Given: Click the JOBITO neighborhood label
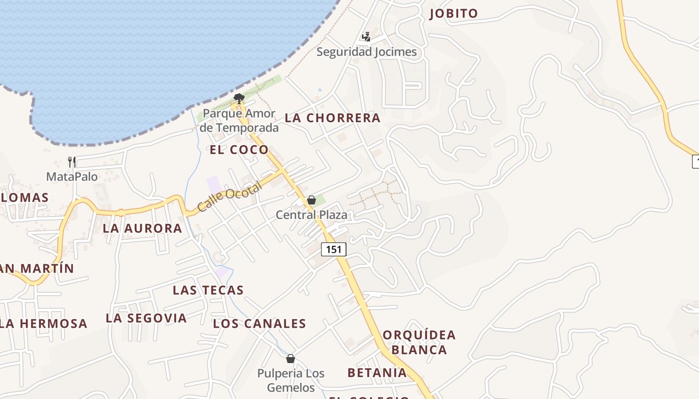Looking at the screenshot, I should point(454,13).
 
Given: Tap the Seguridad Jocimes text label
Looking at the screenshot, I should point(366,51).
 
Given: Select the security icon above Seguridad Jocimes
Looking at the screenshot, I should point(366,36).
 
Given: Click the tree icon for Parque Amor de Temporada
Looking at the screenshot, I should point(239,98).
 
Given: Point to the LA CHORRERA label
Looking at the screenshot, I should point(333,118).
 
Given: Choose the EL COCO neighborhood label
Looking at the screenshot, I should point(239,150).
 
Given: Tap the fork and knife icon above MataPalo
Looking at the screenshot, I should point(72,162).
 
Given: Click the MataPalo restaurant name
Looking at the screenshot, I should point(72,177).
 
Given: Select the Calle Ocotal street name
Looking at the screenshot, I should point(229,197).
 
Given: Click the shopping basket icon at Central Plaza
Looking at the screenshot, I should point(312,200).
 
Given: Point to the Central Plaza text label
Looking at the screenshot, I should point(312,215).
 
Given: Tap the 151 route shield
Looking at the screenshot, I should point(334,249).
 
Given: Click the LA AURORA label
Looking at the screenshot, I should point(142,228).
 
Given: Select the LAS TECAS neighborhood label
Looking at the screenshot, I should point(208,290).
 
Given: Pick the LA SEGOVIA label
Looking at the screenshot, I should point(146,318).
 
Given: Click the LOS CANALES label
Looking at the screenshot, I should point(260,324).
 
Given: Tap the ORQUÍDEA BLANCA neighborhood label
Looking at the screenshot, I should point(419,342).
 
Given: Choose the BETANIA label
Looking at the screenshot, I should point(377,373).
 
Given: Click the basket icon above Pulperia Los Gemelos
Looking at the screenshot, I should point(291,359).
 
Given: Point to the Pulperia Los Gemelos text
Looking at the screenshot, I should point(291,380).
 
